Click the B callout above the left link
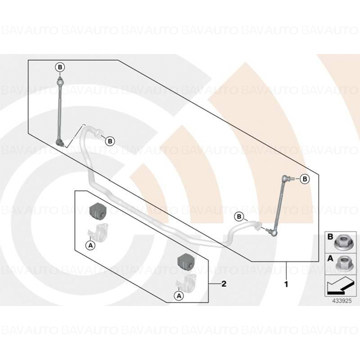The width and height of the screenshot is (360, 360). [60, 67]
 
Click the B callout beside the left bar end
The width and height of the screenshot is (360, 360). [110, 141]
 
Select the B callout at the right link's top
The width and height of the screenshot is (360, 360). [305, 179]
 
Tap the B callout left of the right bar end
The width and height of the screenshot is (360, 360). [239, 217]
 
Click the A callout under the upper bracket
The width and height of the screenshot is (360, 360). [91, 245]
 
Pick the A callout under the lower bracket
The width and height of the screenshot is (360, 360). [179, 296]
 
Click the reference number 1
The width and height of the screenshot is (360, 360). [286, 284]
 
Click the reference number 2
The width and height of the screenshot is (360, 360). [224, 284]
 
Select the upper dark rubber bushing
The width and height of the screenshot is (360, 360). [97, 211]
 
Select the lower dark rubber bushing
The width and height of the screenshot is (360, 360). [185, 262]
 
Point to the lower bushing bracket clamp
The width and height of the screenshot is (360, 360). [186, 282]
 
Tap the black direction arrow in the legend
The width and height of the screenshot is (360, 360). [340, 286]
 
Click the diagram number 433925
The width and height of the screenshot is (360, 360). [342, 301]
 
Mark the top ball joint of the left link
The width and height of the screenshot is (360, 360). [60, 81]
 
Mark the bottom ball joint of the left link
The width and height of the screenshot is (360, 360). [60, 143]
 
